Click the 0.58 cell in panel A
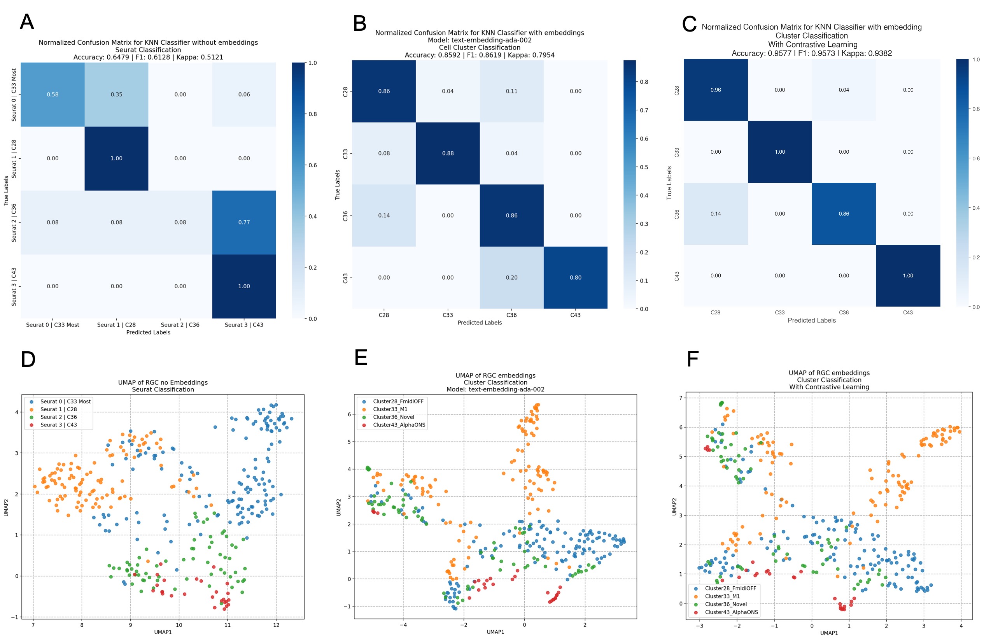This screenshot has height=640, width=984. [x=53, y=94]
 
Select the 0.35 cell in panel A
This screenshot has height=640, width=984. [x=117, y=94]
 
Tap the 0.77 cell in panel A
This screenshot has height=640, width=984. [x=244, y=222]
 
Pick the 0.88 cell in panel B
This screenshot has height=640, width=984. [x=448, y=153]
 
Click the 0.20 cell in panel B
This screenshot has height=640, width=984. [x=511, y=278]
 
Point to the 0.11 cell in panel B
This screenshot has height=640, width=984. [x=511, y=91]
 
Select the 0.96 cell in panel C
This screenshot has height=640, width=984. [x=716, y=90]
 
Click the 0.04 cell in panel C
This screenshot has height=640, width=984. [x=844, y=90]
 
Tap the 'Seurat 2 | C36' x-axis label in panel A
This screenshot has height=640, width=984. [x=180, y=325]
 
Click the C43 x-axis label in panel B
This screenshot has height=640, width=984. [x=576, y=315]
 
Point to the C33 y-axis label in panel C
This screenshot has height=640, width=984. [x=677, y=152]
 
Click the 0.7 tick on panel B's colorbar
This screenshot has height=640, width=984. [x=644, y=110]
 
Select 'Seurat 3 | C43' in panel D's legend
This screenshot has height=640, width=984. [x=58, y=425]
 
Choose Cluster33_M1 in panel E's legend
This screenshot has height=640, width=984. [x=390, y=409]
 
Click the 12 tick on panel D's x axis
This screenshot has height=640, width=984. [x=276, y=625]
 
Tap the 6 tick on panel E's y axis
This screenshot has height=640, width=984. [x=349, y=414]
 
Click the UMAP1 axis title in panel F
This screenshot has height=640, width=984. [x=829, y=633]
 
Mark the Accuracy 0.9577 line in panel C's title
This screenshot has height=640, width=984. [x=812, y=53]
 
